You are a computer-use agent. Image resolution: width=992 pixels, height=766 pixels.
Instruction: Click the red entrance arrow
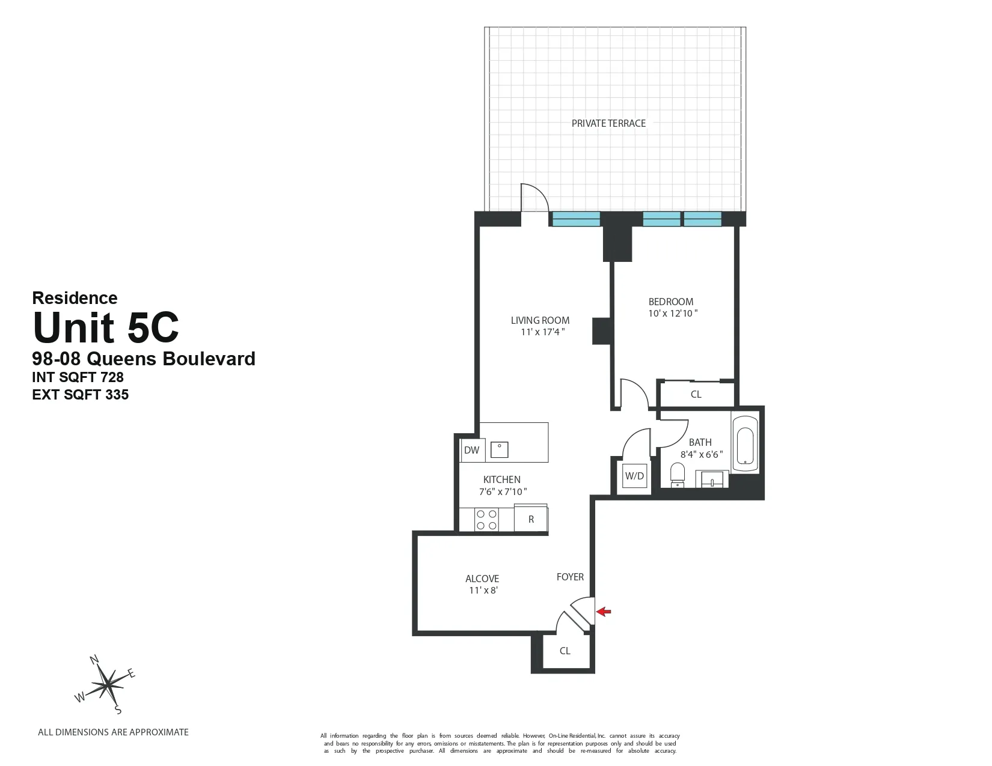[x=604, y=612]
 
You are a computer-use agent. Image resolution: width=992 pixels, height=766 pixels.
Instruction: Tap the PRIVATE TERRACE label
[x=608, y=123]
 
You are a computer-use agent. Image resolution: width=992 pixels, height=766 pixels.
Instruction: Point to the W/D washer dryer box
[x=634, y=476]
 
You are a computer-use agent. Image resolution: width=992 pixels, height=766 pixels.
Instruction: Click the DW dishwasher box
[x=472, y=450]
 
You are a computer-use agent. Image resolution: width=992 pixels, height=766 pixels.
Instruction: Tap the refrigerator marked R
[x=531, y=519]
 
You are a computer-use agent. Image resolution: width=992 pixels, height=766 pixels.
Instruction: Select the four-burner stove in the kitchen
[x=486, y=520]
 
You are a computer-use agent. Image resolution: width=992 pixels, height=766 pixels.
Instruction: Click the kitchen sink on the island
[x=499, y=449]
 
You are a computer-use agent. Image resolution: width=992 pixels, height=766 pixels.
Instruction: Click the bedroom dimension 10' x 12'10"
[x=672, y=313]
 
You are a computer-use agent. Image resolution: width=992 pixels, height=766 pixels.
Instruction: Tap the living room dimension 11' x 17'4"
[x=542, y=332]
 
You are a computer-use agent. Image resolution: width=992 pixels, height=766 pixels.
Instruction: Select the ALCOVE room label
[x=482, y=579]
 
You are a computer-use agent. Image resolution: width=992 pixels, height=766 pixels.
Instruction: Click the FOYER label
[x=570, y=577]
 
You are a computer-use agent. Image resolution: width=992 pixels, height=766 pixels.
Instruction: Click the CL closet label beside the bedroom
[x=696, y=395]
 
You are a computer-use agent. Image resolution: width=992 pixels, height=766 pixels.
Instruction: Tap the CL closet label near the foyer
[x=565, y=651]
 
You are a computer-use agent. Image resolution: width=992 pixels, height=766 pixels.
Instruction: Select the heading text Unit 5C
[x=106, y=327]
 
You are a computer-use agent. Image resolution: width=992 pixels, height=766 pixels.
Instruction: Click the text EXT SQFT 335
[x=80, y=395]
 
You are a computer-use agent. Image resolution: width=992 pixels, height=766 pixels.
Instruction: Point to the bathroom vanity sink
[x=712, y=479]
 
